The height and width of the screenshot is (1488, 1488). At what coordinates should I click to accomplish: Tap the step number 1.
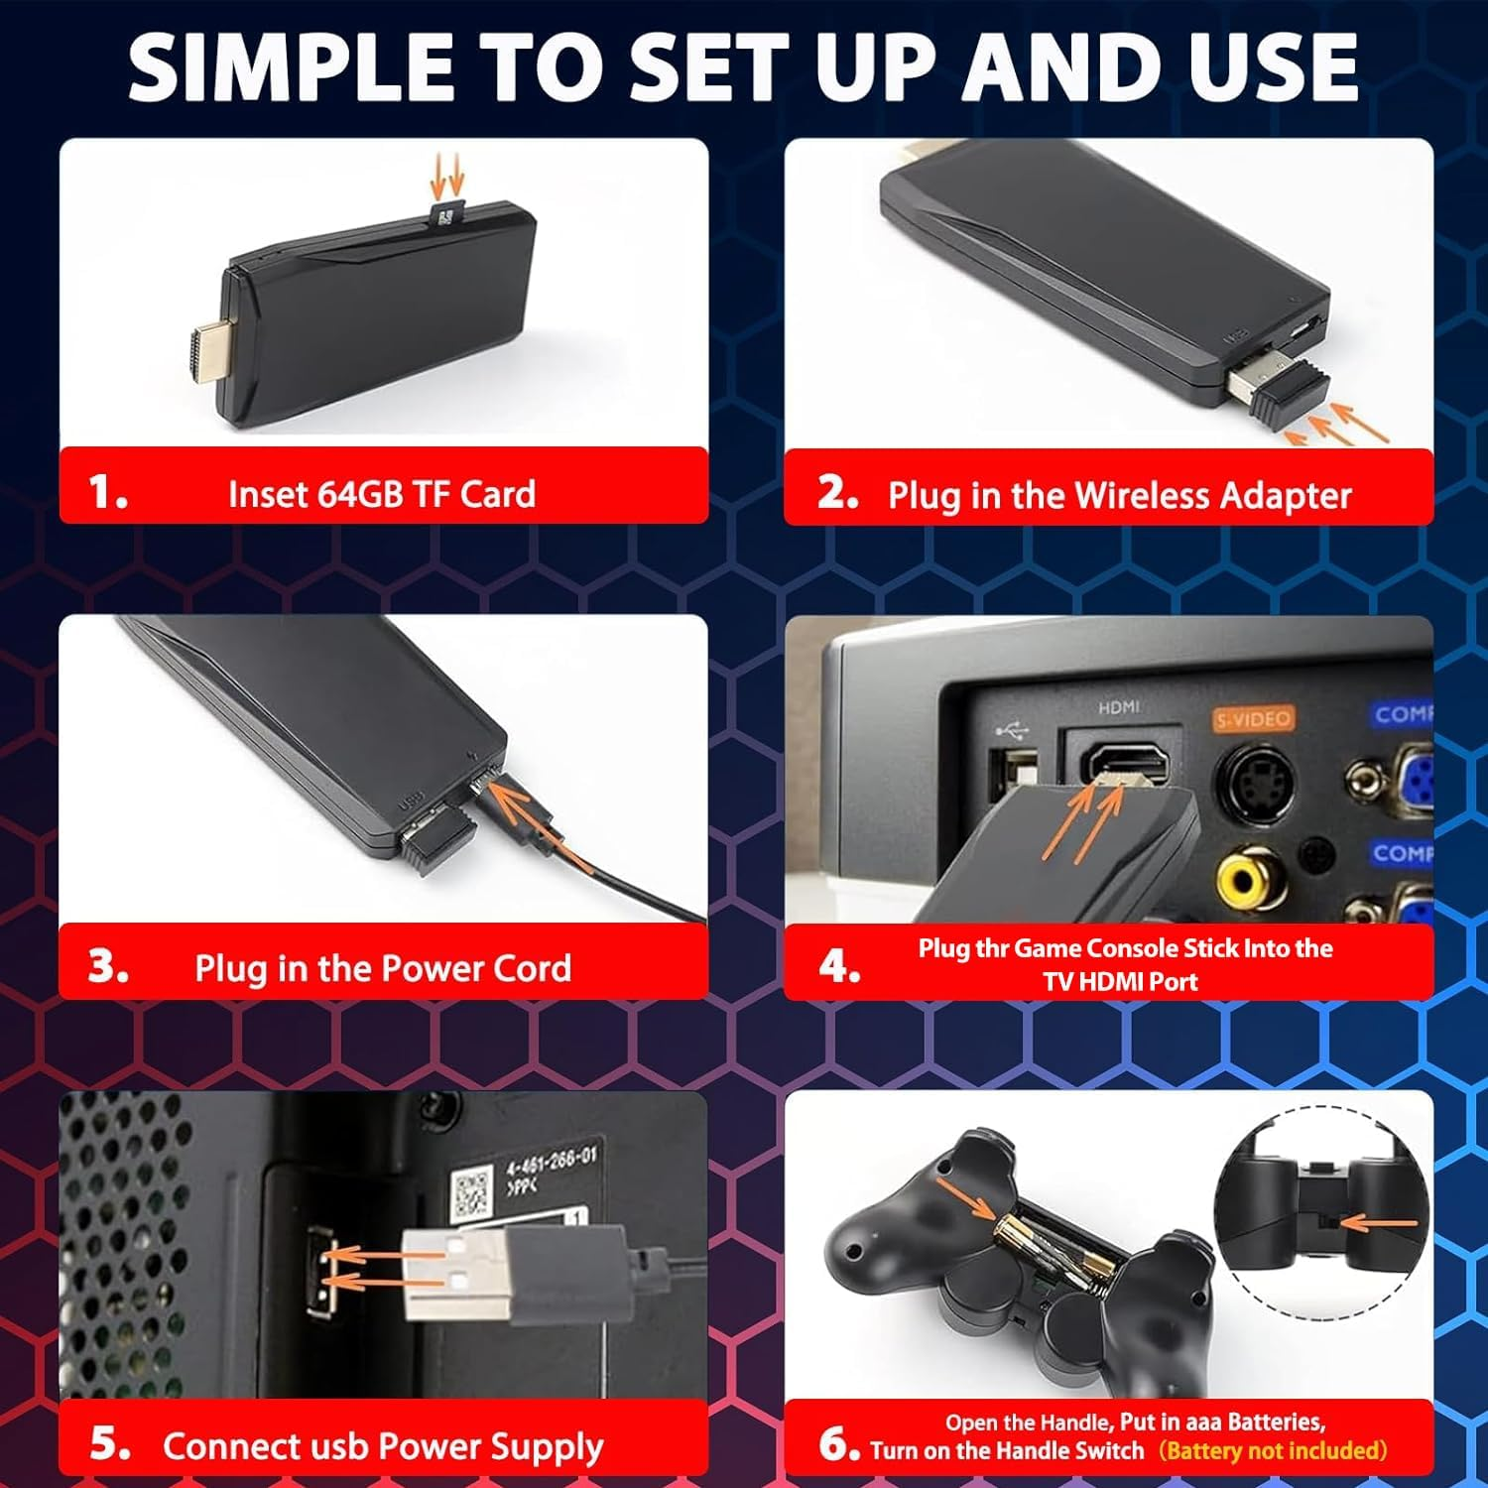(107, 492)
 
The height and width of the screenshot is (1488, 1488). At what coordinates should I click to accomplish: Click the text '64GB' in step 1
(359, 494)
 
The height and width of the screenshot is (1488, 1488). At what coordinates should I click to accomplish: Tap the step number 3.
(107, 967)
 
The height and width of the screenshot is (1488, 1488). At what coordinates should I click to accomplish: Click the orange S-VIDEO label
(1254, 719)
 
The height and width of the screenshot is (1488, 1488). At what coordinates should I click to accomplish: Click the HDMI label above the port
(1119, 707)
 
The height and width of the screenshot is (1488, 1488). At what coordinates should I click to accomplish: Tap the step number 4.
(838, 965)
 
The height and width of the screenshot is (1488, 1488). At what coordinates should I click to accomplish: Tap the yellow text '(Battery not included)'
(1273, 1450)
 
